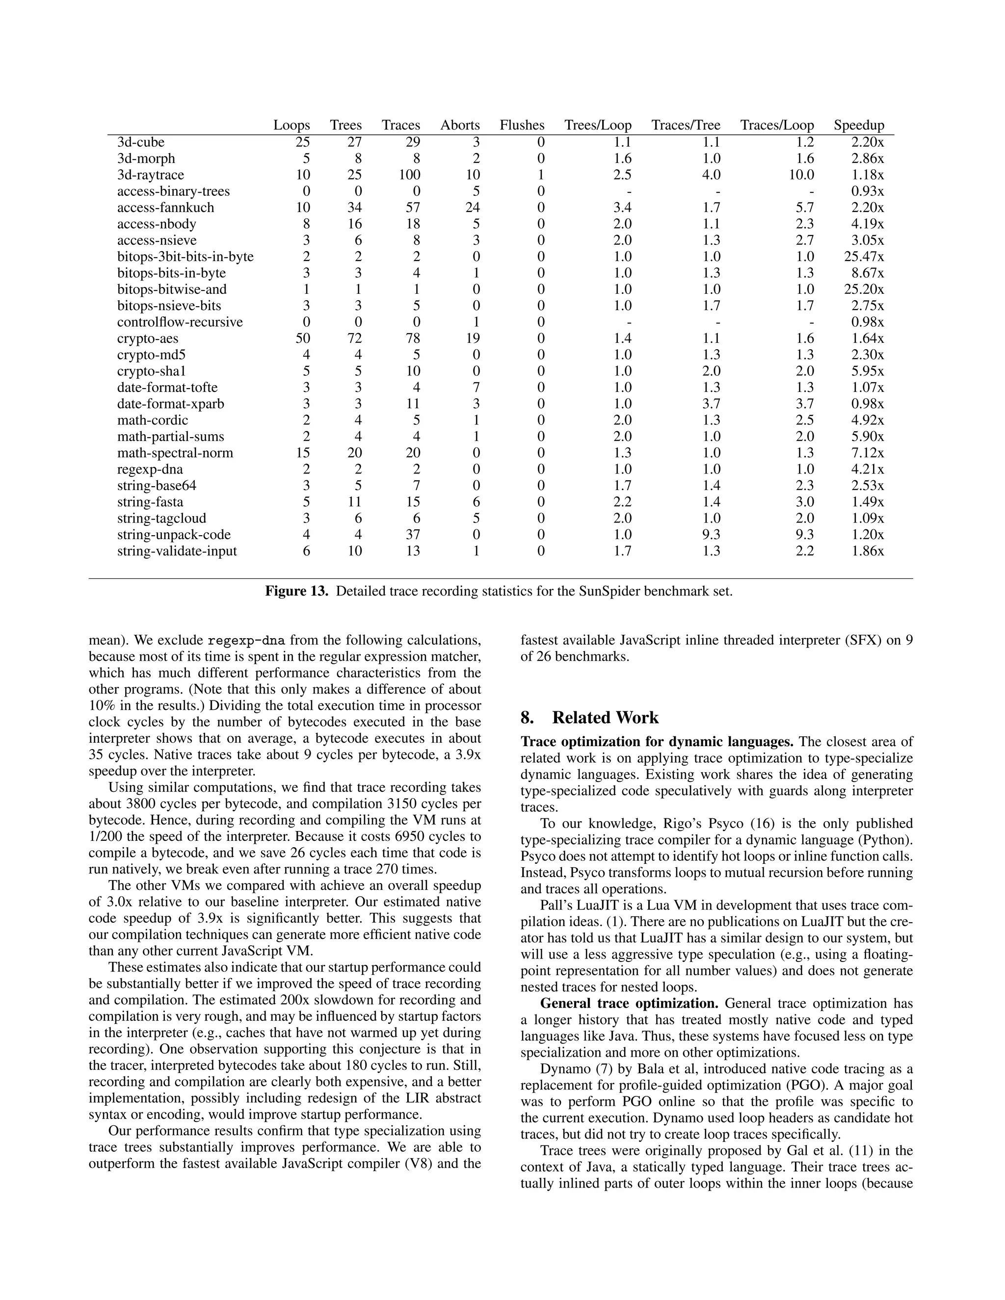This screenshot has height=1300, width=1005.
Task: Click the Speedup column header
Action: tap(859, 125)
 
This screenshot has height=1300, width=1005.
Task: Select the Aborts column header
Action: tap(460, 125)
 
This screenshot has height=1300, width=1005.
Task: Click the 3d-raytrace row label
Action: tap(151, 175)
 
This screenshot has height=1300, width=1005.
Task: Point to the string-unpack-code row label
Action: tap(174, 535)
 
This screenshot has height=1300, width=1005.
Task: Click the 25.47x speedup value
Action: tap(863, 257)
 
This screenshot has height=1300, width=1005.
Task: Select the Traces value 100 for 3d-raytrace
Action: tap(409, 175)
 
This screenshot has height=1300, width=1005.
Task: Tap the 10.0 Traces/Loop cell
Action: tap(801, 175)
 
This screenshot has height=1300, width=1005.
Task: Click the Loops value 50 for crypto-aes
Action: tap(302, 338)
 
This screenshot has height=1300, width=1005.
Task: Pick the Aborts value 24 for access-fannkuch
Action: tap(472, 208)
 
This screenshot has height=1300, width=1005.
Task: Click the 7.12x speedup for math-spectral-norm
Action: tap(868, 453)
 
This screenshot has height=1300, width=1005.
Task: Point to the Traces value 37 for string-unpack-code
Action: tap(413, 535)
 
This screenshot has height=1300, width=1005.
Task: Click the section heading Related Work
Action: tap(605, 718)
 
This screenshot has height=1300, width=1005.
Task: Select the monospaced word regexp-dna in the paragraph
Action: tap(246, 641)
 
